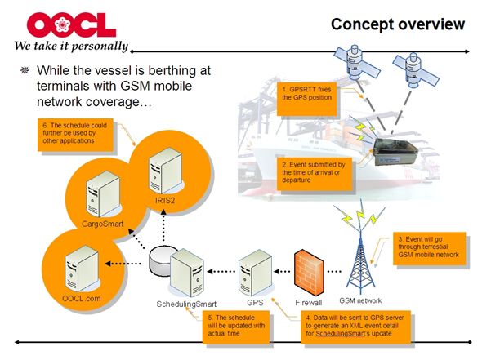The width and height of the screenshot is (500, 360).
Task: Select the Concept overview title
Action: [x=397, y=24]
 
